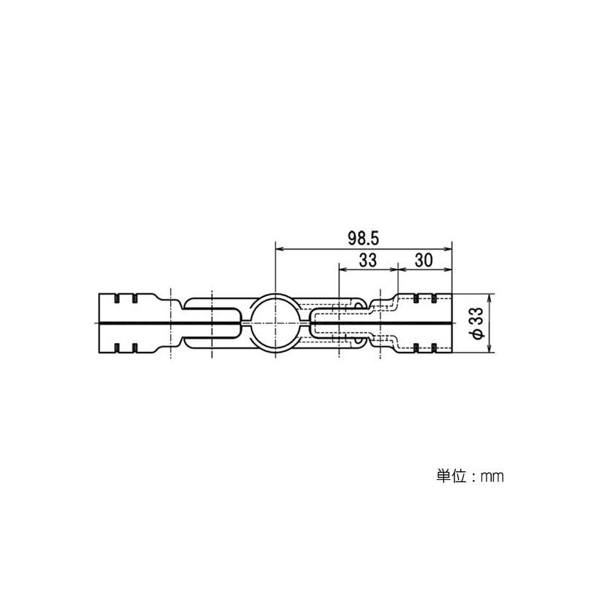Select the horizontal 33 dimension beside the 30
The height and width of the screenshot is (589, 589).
click(367, 260)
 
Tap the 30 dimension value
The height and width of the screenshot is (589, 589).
click(423, 260)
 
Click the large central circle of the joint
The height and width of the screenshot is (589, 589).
click(274, 322)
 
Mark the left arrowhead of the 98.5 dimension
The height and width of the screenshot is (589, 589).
click(278, 249)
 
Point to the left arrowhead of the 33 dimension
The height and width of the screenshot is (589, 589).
click(342, 269)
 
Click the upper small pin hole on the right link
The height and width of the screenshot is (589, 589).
click(359, 303)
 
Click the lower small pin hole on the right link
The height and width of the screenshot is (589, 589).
click(359, 342)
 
